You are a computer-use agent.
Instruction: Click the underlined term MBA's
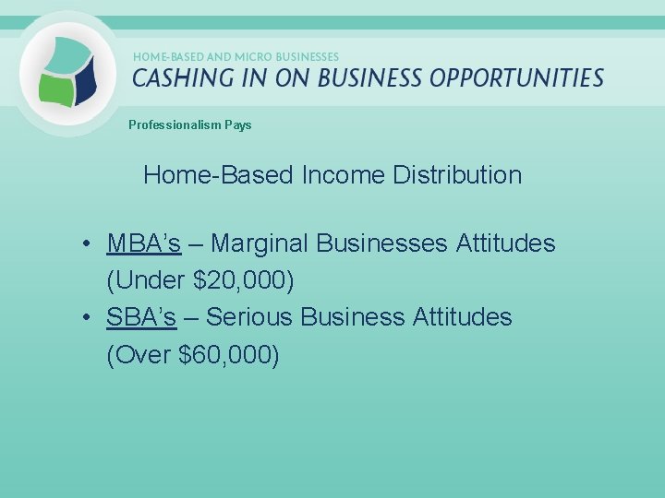tap(143, 243)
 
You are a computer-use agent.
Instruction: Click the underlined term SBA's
tap(141, 317)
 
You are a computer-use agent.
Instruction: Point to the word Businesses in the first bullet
tap(383, 243)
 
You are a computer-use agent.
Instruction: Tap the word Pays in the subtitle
tap(236, 125)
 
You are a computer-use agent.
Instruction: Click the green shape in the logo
tap(55, 87)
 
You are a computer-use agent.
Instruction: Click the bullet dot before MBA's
tap(84, 244)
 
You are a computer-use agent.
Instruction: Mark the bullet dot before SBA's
tap(84, 318)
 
